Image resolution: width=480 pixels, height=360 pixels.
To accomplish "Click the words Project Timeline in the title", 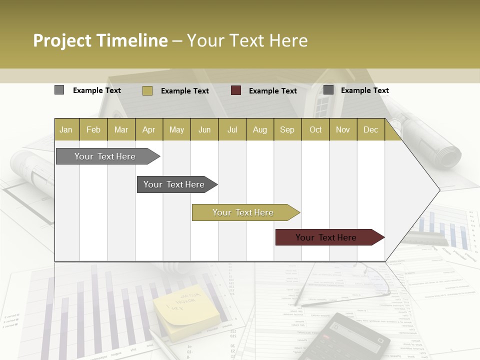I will click(100, 40).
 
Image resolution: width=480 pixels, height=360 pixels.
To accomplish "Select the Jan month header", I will click(66, 129).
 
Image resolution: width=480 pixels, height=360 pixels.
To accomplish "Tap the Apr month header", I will click(148, 129).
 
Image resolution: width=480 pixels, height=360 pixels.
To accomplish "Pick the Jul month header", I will click(232, 129).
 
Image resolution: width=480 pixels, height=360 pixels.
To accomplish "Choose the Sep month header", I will click(287, 129).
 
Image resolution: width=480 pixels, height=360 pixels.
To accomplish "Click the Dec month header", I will click(370, 129).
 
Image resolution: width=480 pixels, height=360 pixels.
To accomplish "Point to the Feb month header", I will click(93, 129).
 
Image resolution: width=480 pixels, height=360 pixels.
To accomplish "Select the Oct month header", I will click(315, 129).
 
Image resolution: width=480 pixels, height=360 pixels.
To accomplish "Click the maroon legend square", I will click(236, 90).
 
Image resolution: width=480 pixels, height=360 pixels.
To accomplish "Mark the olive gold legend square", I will click(147, 90).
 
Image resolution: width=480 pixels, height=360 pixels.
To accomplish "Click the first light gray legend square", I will click(59, 90).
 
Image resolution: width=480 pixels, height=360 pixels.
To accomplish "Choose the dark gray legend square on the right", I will click(328, 90).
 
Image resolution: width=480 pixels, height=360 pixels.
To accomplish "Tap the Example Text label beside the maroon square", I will click(272, 90).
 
